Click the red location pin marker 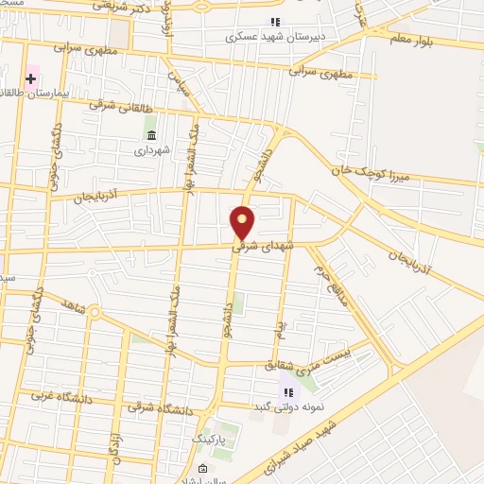[243, 223]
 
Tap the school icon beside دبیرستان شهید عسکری [275, 22]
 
